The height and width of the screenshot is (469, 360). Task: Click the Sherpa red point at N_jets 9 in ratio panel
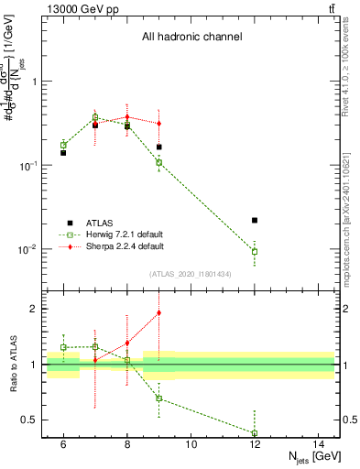point(158,313)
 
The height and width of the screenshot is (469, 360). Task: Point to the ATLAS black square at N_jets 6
point(63,153)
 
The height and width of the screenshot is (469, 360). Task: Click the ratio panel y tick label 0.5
point(349,420)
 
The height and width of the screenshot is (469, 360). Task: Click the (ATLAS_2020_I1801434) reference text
point(191,274)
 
